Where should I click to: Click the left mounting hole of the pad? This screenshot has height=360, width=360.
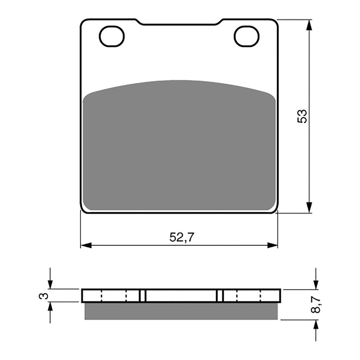112,36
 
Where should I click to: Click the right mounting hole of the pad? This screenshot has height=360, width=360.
247,36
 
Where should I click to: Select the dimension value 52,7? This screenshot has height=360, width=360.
182,238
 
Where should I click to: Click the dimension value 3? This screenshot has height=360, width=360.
43,296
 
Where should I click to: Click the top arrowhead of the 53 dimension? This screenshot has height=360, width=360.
309,25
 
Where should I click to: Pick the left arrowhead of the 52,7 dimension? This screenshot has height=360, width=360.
86,245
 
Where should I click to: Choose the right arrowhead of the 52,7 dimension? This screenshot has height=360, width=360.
273,245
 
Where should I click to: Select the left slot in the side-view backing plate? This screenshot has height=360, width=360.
143,296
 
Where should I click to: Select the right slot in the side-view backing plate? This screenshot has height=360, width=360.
220,296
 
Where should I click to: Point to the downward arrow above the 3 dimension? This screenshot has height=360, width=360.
50,284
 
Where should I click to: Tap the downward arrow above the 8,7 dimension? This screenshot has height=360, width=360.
316,284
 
